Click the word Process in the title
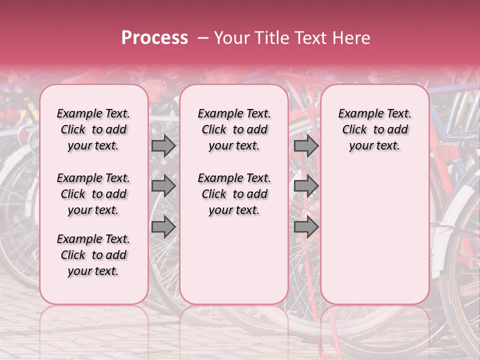click(x=154, y=38)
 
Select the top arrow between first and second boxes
click(x=163, y=145)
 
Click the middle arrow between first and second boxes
click(x=163, y=186)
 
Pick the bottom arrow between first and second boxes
click(x=163, y=227)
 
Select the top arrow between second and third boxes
click(x=306, y=145)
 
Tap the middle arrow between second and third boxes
click(x=306, y=186)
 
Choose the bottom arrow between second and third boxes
click(x=306, y=227)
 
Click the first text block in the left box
click(x=93, y=129)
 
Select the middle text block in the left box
click(x=93, y=194)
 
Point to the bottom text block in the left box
click(x=93, y=255)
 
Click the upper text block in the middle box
click(x=234, y=129)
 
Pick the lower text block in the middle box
click(x=234, y=194)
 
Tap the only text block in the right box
click(x=374, y=129)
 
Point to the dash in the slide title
click(x=203, y=38)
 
